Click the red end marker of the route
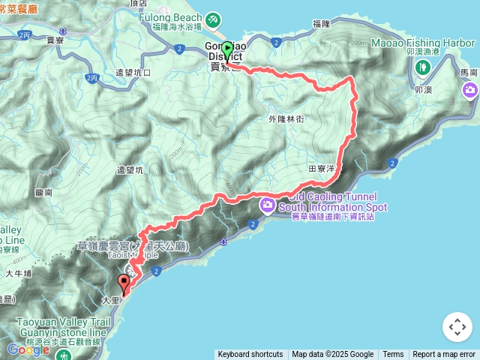tap(124, 283)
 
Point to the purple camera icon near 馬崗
tap(471, 91)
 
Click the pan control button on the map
tap(457, 327)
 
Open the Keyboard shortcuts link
tap(250, 355)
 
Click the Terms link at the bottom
tap(393, 355)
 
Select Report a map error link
tap(444, 355)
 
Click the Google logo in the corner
tap(28, 349)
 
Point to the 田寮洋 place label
tap(321, 169)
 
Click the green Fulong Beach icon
tap(212, 17)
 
